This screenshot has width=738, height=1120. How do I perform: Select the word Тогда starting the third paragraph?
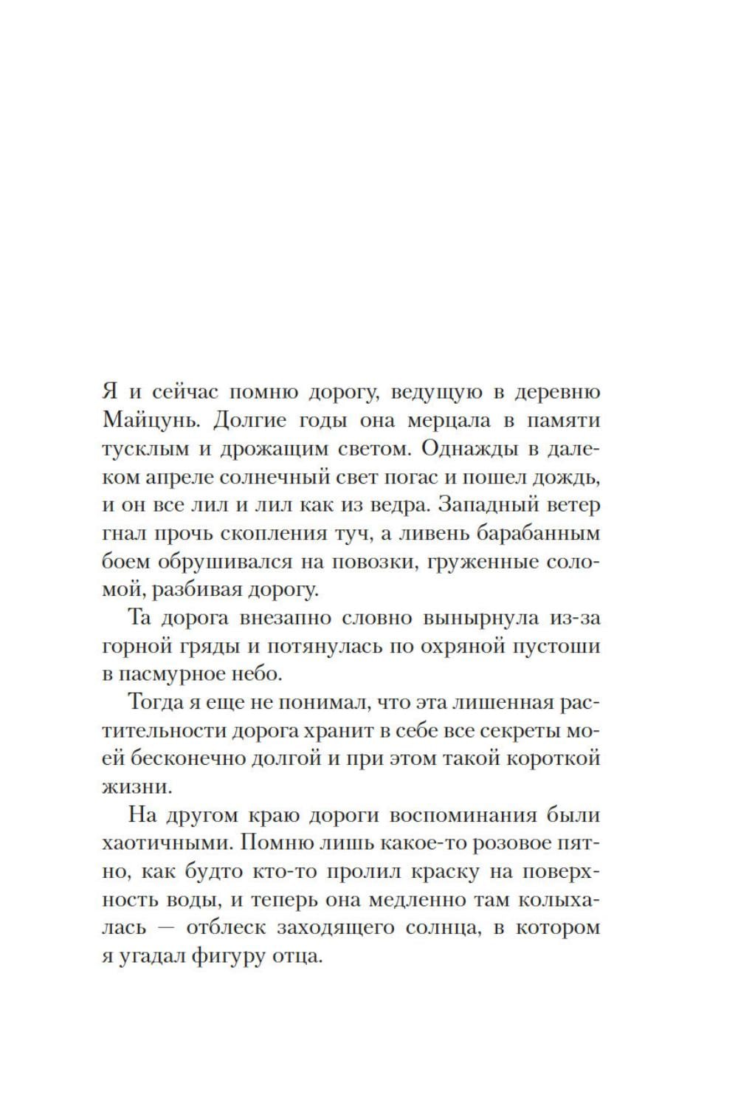click(155, 702)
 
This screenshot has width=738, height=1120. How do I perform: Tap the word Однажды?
click(463, 450)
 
